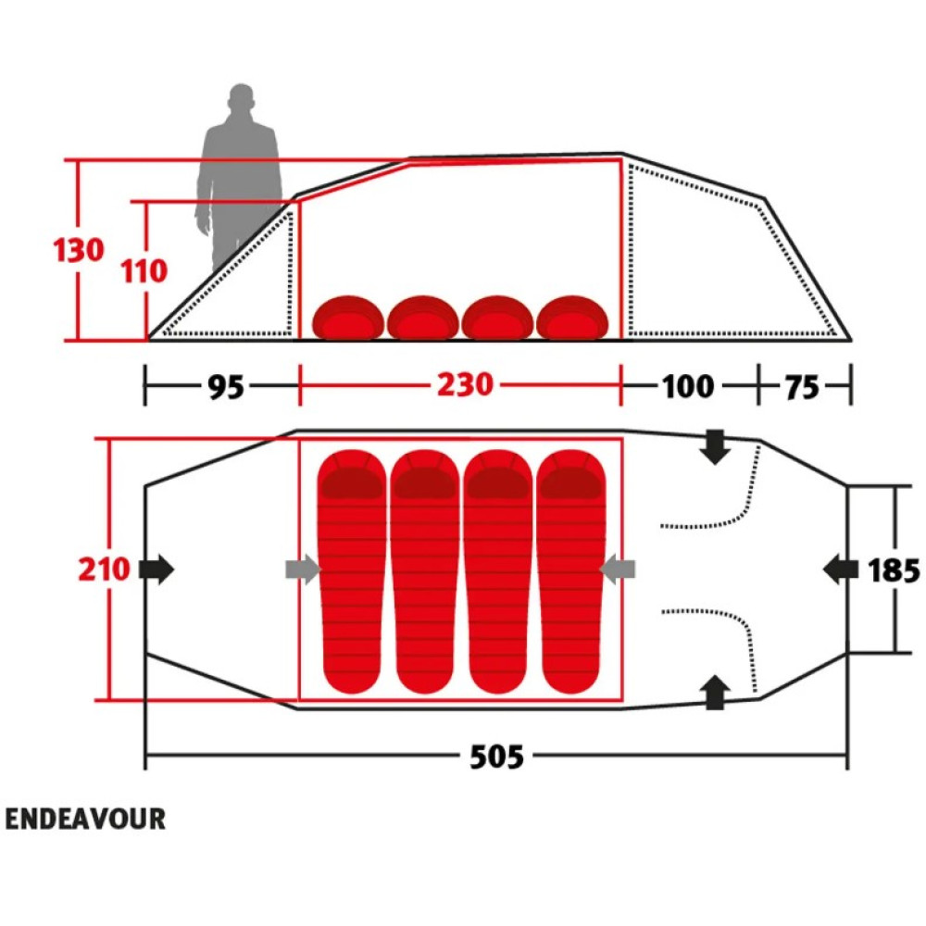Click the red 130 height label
[79, 250]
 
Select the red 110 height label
[144, 271]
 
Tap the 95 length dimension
[226, 387]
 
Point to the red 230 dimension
[465, 385]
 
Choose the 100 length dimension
[688, 387]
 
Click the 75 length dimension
[802, 387]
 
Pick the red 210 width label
[104, 569]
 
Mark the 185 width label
[894, 570]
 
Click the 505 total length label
[496, 757]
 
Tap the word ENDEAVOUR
[85, 820]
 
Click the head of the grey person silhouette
[242, 97]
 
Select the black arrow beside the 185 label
[841, 569]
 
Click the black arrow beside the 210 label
[156, 569]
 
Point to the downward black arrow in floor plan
[715, 447]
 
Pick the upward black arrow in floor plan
[715, 692]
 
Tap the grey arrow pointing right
[303, 569]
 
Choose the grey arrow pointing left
[617, 569]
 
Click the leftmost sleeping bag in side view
[349, 318]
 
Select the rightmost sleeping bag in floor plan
[571, 571]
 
